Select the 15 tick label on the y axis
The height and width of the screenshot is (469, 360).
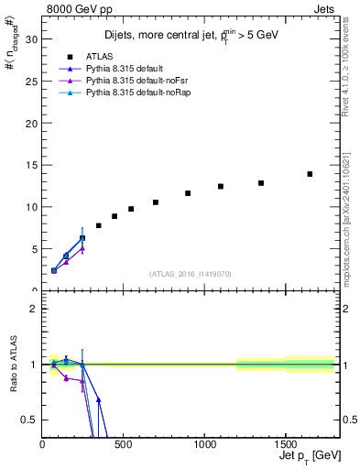pyautogui.click(x=33, y=165)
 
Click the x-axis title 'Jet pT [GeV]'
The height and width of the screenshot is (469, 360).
pyautogui.click(x=303, y=458)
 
